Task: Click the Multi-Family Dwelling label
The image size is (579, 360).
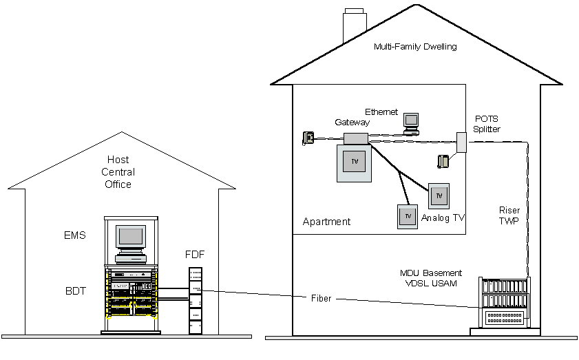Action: click(x=415, y=47)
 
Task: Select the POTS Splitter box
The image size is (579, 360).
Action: click(x=461, y=142)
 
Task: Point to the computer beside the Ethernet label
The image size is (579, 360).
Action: click(x=412, y=122)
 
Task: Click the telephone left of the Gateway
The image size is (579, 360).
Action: click(x=309, y=138)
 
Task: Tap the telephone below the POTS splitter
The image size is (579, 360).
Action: click(x=444, y=161)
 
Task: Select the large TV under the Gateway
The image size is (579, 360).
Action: click(x=355, y=162)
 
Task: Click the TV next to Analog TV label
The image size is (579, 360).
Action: click(x=439, y=196)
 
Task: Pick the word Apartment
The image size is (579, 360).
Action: click(x=326, y=222)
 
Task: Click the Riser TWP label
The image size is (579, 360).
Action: click(x=509, y=216)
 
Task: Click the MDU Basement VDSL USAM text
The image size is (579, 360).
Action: click(x=432, y=278)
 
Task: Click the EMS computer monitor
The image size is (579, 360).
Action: click(x=131, y=238)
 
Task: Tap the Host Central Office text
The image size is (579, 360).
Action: click(x=118, y=172)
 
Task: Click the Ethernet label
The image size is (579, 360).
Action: click(x=381, y=112)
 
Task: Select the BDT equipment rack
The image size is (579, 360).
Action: click(x=131, y=296)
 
